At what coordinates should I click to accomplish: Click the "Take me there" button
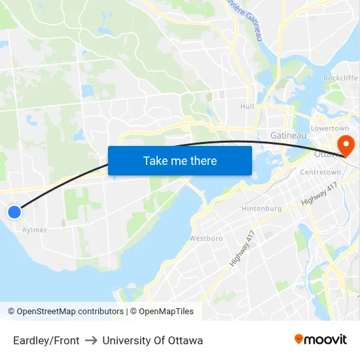point(180,160)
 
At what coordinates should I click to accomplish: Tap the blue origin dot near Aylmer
point(14,211)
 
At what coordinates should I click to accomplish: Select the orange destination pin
point(342,145)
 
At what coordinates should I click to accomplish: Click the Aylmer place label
point(35,230)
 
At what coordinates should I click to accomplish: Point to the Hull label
point(247,106)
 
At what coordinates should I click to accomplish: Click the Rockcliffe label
point(340,78)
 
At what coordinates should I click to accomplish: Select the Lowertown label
point(330,128)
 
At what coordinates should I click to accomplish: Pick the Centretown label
point(320,172)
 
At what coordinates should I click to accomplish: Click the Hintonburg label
point(262,208)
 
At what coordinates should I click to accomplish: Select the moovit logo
point(321,339)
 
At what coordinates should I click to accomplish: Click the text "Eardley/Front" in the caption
point(46,340)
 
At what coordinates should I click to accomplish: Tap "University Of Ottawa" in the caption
point(153,340)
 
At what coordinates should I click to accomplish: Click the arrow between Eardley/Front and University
point(91,340)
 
